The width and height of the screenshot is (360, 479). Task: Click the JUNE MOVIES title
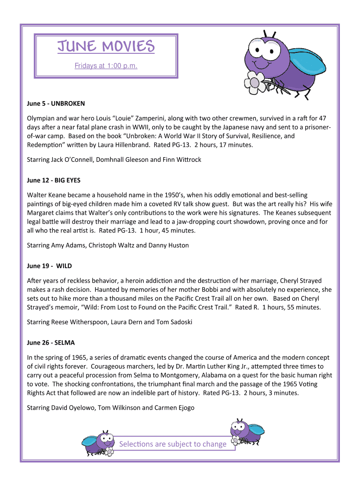coord(106,47)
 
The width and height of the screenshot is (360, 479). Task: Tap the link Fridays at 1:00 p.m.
coord(106,66)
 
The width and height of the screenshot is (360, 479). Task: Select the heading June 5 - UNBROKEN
coord(56,103)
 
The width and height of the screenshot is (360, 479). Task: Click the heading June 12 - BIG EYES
coord(57,180)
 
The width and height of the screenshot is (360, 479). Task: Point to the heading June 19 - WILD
coord(50,266)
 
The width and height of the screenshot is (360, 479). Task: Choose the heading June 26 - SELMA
coord(51,343)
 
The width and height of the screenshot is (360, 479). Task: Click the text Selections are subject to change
coord(173,444)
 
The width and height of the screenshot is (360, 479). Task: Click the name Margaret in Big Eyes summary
coord(42,212)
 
